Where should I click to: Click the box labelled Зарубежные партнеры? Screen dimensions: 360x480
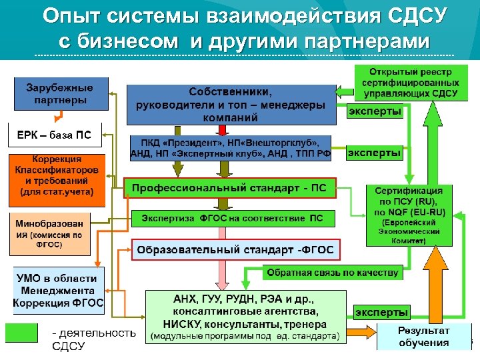59,94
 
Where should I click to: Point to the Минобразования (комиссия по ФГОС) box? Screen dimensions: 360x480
49,234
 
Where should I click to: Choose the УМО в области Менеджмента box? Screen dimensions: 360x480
59,290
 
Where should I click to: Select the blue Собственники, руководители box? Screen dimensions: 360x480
231,105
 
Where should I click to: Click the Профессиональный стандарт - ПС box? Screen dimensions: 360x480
231,188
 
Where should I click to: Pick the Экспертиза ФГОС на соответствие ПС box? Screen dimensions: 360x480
232,218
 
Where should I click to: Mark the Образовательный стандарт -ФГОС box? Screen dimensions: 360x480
235,249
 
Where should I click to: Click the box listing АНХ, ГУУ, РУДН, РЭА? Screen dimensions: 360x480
246,317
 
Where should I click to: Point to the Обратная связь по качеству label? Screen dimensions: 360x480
333,272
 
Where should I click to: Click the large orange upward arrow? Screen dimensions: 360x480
437,287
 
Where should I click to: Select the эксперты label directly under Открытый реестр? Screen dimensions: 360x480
375,112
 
